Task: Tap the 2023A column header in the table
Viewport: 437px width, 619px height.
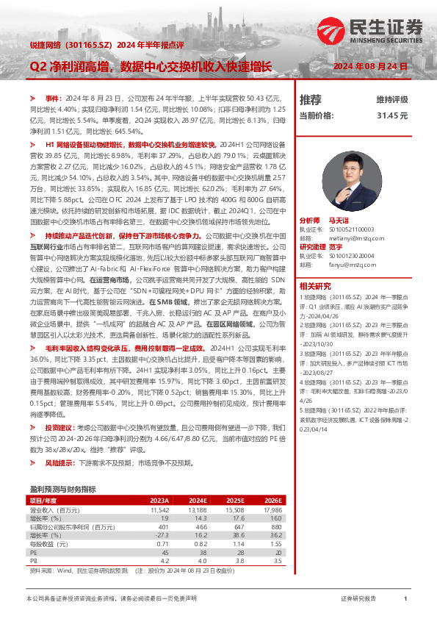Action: (x=159, y=500)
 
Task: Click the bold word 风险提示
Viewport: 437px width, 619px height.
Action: (x=59, y=463)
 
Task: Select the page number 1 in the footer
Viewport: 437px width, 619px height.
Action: (x=405, y=599)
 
